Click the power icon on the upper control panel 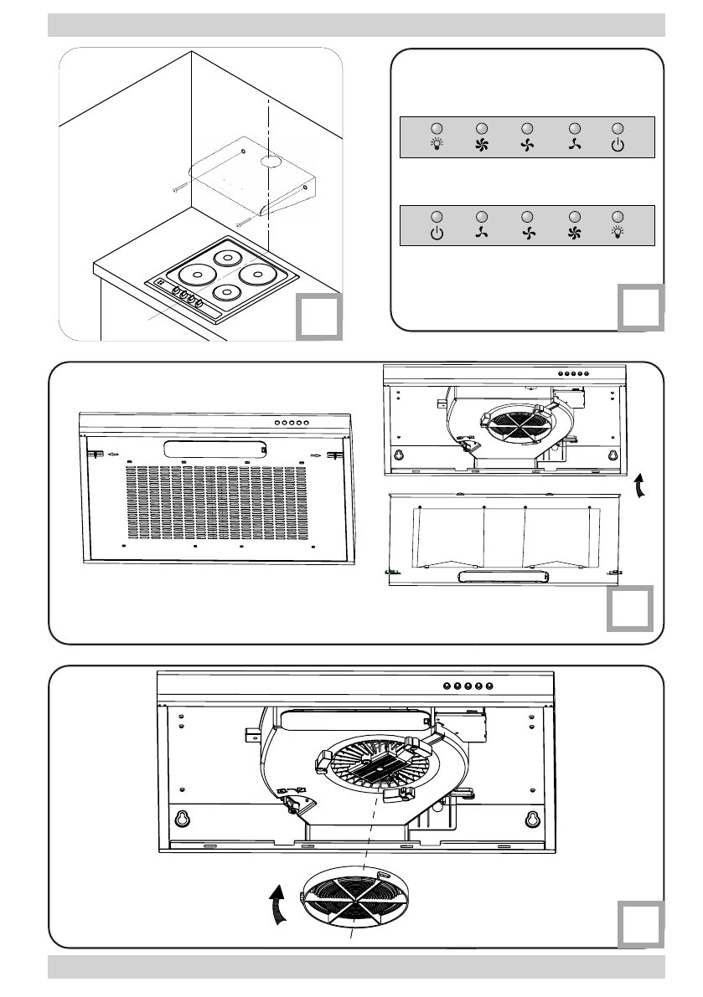point(618,146)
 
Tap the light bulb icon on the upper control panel point(437,146)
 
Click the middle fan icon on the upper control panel point(527,146)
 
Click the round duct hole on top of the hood point(269,161)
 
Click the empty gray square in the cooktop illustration point(318,316)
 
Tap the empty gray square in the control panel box point(641,306)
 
